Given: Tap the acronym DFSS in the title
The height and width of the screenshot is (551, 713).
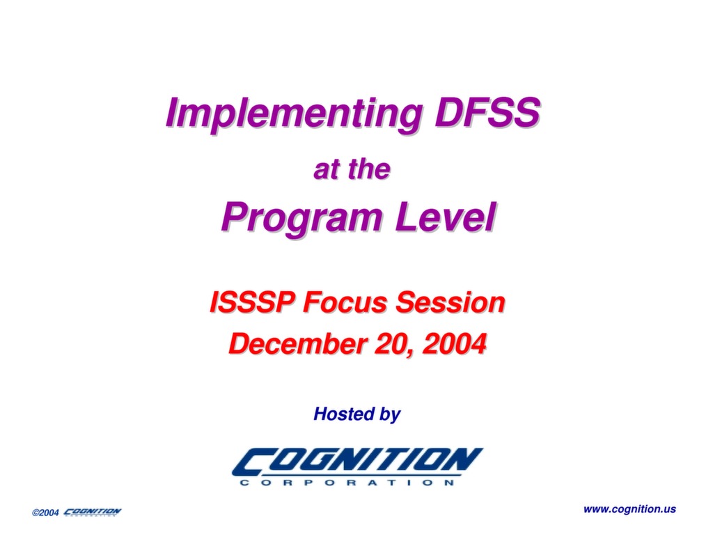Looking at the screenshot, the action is coord(487,112).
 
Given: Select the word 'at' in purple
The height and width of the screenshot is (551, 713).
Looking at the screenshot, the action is coord(327,170).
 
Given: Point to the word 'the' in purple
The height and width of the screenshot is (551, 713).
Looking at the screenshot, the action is coord(369,169).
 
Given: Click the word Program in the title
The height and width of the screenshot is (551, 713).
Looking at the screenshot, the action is coord(301,219).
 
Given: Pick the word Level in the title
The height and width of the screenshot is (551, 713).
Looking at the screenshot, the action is coord(445,217).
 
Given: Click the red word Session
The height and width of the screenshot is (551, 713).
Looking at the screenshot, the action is coord(450,302).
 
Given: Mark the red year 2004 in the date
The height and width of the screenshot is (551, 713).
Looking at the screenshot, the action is coord(454,343).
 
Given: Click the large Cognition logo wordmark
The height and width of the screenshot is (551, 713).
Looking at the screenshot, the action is coord(357,461).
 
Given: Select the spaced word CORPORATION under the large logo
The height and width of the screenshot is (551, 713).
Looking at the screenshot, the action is coord(347,482).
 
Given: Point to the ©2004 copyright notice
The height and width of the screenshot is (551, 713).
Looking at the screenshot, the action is coord(45,513).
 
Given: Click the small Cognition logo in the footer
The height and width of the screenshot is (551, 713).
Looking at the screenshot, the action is coord(93,512).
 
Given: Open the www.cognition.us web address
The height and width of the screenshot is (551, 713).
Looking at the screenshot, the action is coord(629,509).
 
